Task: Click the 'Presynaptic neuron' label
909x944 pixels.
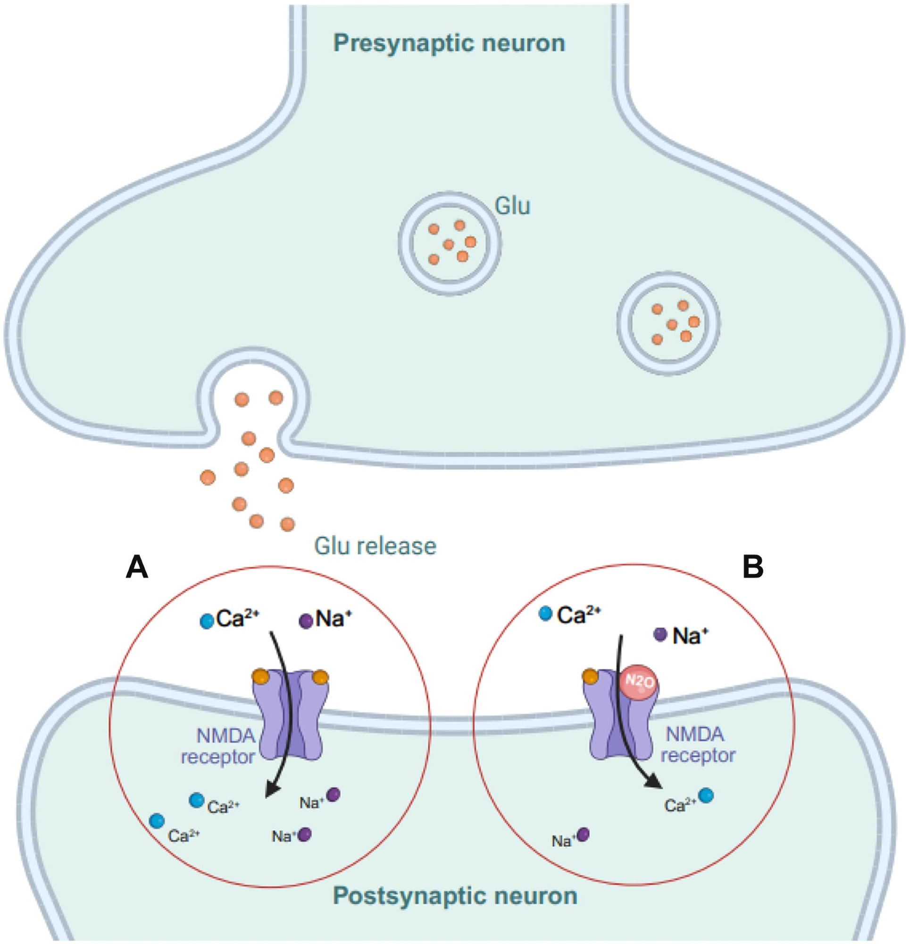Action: tap(449, 43)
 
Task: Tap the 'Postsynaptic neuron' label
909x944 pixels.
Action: tap(455, 896)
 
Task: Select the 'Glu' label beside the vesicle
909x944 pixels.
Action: tap(512, 206)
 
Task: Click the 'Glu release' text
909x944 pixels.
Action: tap(375, 546)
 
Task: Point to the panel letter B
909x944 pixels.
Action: tap(752, 567)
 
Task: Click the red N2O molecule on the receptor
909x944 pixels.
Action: tap(638, 682)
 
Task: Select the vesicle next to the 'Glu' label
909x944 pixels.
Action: tap(449, 243)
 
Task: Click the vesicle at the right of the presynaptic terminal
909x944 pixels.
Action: tap(668, 323)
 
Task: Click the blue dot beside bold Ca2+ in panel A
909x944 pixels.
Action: tap(207, 621)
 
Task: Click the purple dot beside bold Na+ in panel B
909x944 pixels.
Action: tap(659, 634)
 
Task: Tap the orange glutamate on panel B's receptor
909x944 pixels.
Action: tap(590, 677)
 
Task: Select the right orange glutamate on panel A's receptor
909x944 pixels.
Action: tap(320, 678)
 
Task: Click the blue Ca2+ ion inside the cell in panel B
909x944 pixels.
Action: tap(706, 795)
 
